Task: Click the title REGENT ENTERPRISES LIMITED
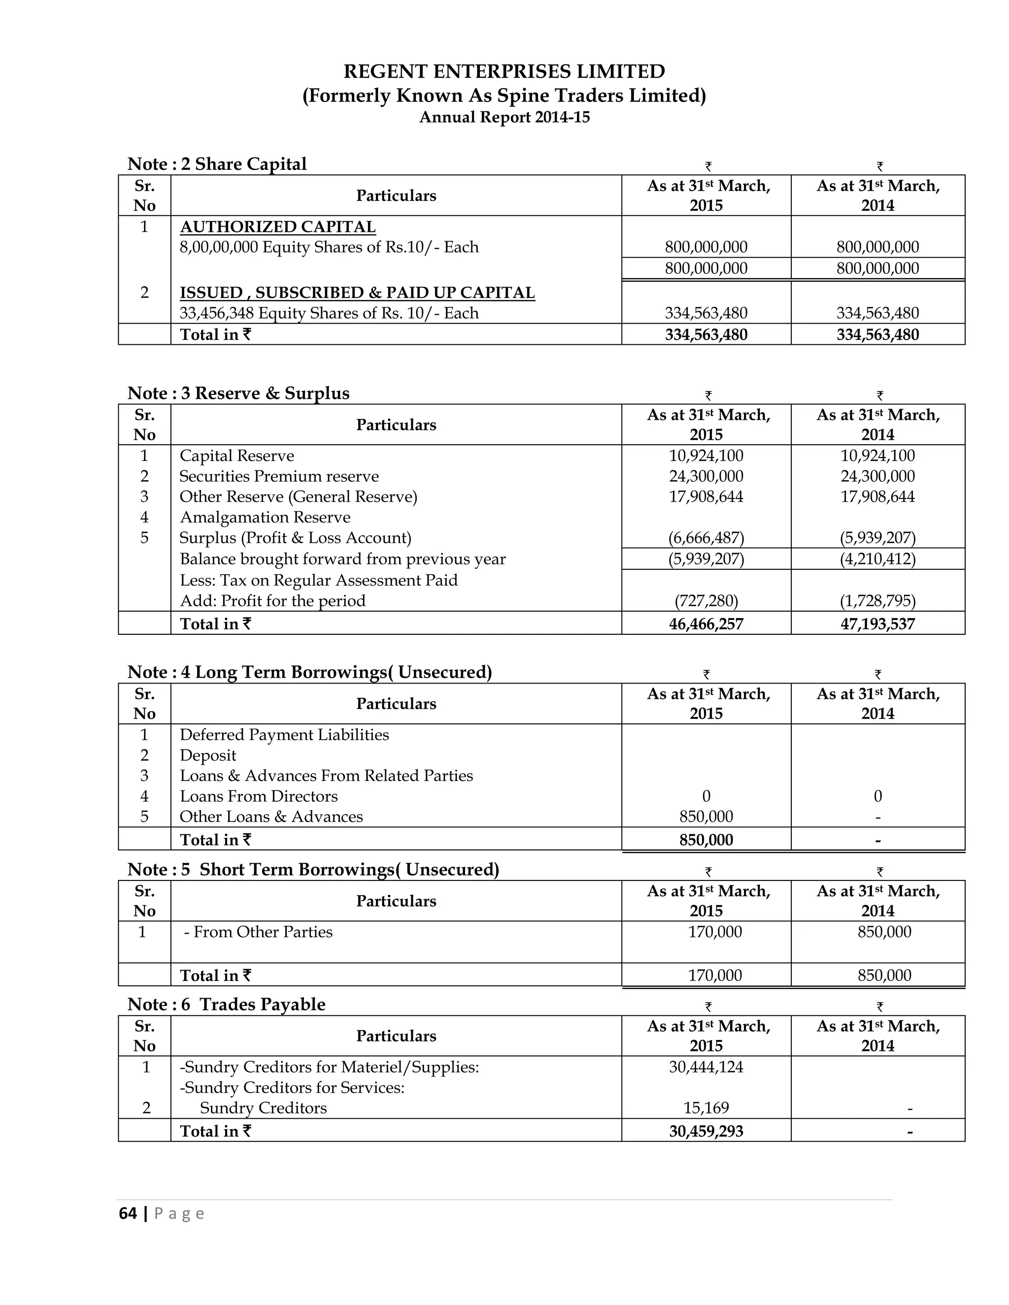(x=504, y=72)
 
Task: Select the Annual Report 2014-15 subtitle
(x=504, y=117)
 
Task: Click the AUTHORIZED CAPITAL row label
(x=278, y=227)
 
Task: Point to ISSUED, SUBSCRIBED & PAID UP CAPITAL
(x=358, y=293)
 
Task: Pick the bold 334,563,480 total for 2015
(x=706, y=334)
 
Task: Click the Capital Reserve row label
(x=236, y=456)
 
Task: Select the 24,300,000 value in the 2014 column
(x=877, y=476)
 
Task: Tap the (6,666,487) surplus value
(x=706, y=538)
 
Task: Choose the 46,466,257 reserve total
(x=706, y=624)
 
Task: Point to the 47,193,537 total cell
(x=877, y=624)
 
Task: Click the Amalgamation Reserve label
(x=265, y=518)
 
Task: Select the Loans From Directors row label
(x=259, y=796)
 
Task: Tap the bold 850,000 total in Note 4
(x=706, y=840)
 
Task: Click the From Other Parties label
(x=258, y=932)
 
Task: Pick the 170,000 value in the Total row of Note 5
(x=715, y=975)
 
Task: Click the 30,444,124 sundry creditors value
(x=706, y=1067)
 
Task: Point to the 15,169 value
(x=706, y=1108)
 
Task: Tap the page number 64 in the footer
(x=128, y=1213)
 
